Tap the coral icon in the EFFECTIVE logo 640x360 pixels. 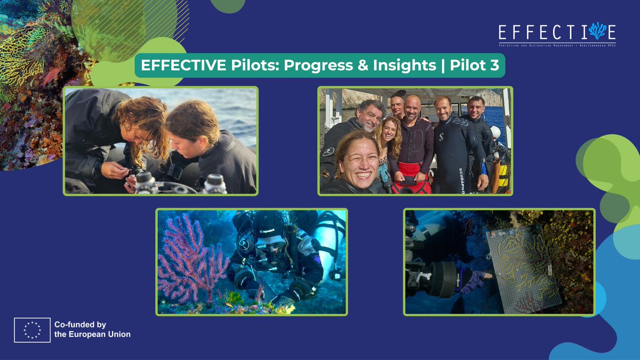coord(596,31)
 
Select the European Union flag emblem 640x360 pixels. coord(33,330)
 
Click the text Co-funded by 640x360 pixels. coord(80,324)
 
